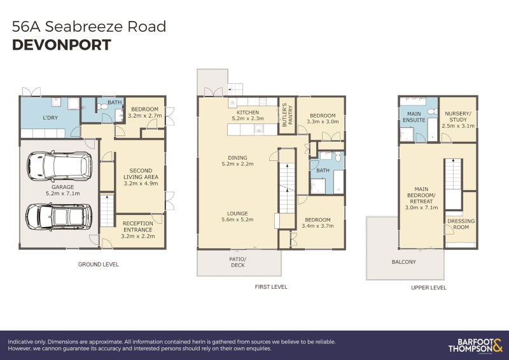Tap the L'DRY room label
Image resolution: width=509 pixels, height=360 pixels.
tap(51, 118)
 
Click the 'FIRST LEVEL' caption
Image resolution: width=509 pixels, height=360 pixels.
tap(270, 287)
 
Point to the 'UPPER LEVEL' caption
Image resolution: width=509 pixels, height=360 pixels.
tap(428, 287)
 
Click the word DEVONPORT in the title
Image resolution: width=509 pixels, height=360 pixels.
tap(62, 45)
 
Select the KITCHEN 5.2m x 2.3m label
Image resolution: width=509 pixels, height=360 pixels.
tap(248, 115)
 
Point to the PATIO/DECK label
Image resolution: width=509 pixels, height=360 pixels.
tap(238, 262)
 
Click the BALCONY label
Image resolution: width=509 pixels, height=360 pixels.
tap(403, 261)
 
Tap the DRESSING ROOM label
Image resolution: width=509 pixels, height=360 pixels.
tap(461, 225)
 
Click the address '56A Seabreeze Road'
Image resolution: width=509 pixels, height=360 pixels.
tap(89, 26)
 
